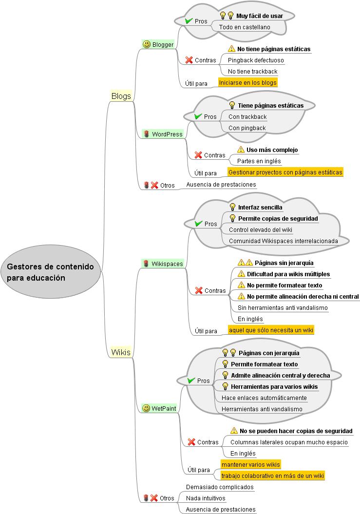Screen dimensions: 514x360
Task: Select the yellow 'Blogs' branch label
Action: [x=121, y=96]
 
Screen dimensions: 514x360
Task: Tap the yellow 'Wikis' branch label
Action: [x=121, y=352]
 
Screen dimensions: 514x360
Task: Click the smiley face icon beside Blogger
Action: [x=146, y=44]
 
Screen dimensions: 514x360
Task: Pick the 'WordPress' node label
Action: [x=167, y=134]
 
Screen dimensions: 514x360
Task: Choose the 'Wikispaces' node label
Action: [x=167, y=264]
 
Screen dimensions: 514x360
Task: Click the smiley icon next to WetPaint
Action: [x=146, y=408]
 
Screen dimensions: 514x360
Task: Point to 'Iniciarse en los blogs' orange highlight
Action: [x=247, y=82]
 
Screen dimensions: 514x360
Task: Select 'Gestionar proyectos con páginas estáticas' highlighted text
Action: [x=285, y=172]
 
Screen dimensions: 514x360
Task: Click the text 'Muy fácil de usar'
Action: [x=260, y=16]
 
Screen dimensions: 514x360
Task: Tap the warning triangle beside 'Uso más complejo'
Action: [x=241, y=150]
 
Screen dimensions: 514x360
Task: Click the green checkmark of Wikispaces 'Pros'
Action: [x=198, y=224]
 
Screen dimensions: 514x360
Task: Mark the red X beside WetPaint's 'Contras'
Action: [x=191, y=442]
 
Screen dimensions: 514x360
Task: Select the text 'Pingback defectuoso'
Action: [x=256, y=60]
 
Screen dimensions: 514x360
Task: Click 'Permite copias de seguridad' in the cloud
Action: [x=278, y=219]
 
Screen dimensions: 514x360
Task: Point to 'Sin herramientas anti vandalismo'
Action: [x=283, y=307]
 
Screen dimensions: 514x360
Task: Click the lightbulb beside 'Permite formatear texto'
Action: [x=225, y=364]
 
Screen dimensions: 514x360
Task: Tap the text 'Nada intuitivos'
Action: [x=206, y=498]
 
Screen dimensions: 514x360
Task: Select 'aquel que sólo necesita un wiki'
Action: [x=271, y=330]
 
